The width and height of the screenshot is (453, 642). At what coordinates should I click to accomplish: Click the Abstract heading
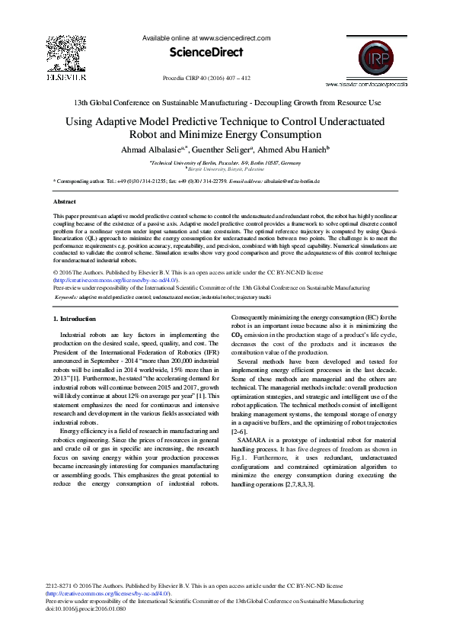[64, 202]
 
